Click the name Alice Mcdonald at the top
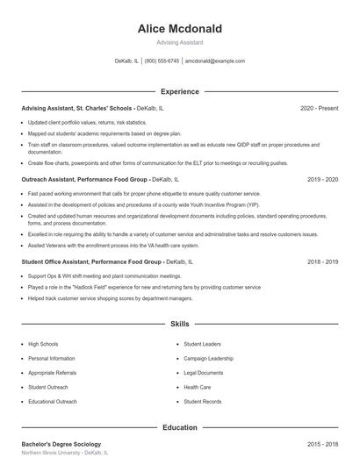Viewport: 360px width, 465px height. click(180, 29)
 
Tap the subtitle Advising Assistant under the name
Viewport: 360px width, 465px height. click(180, 42)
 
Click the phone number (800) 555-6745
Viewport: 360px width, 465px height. click(162, 61)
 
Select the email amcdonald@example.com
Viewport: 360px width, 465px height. click(215, 61)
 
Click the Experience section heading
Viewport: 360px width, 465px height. click(180, 91)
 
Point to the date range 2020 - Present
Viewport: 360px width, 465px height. click(319, 108)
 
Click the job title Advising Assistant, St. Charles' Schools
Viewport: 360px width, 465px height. click(77, 108)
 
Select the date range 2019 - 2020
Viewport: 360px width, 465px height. click(322, 179)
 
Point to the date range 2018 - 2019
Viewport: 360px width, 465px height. click(322, 261)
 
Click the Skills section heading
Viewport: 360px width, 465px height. click(180, 324)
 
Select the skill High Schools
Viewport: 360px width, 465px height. click(43, 345)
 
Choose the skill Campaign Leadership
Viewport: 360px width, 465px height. click(208, 359)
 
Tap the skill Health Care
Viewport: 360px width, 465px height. click(198, 387)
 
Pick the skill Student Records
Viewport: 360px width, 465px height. click(202, 401)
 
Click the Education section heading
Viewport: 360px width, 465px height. click(180, 427)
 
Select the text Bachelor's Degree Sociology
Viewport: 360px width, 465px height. click(61, 445)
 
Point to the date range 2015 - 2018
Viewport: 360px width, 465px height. click(322, 445)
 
